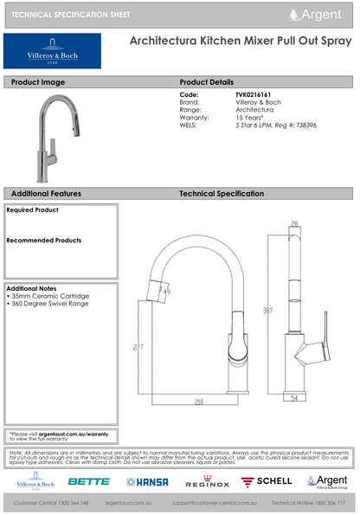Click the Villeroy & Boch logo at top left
[x=52, y=51]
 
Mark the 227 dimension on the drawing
[x=138, y=347]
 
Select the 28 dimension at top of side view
[x=293, y=223]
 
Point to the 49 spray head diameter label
[x=165, y=293]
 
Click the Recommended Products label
[x=44, y=241]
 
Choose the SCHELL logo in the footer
[x=271, y=480]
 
